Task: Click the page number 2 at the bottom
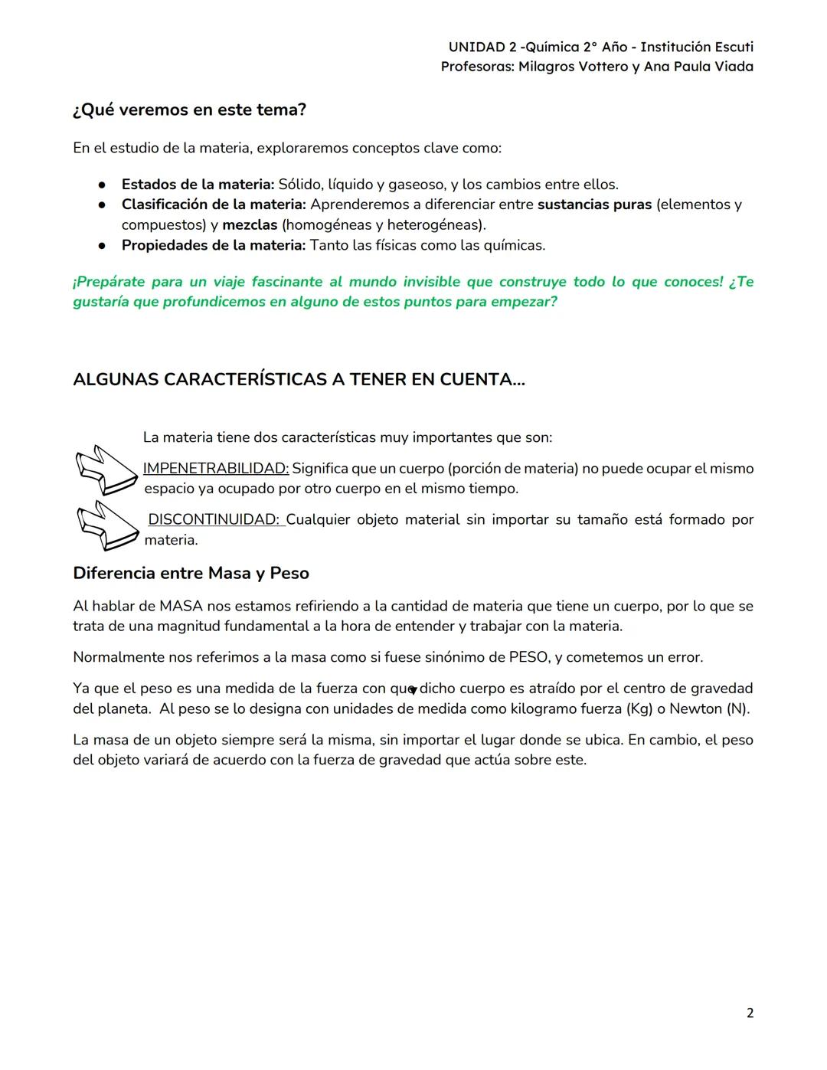tap(750, 1013)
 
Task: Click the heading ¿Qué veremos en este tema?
tap(189, 110)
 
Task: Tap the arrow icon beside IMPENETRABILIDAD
tap(106, 470)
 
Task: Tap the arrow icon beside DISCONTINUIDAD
tap(106, 525)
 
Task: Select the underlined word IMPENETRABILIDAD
tap(216, 468)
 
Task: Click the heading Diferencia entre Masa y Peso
tap(191, 573)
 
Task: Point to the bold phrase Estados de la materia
tap(198, 184)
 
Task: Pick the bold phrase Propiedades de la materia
tap(213, 245)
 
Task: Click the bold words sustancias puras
tap(594, 205)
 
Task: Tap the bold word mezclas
tap(250, 224)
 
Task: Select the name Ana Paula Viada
tap(698, 67)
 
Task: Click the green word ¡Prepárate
tap(108, 282)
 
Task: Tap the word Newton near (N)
tap(695, 708)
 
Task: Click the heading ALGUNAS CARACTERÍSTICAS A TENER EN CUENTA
tap(299, 379)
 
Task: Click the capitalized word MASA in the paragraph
tap(181, 606)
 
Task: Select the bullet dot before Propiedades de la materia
tap(100, 246)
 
